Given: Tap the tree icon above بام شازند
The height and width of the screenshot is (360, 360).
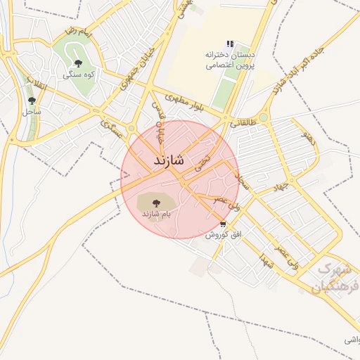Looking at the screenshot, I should coord(156,202).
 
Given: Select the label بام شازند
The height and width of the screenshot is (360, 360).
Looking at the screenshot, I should coord(157,212).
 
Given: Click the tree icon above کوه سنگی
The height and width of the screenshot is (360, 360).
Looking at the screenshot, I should coord(78,64).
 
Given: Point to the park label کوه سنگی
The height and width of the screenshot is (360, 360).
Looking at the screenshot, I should coord(78,75).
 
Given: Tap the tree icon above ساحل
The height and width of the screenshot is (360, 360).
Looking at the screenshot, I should coord(31,101).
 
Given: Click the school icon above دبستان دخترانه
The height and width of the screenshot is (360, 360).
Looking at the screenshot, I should coord(230,44).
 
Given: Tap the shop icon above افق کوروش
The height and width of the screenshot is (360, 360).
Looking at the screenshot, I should coord(223,224).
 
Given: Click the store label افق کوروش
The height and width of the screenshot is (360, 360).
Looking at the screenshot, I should coord(220,235).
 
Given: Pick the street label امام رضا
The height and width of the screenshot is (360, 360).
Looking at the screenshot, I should coord(77,32).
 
